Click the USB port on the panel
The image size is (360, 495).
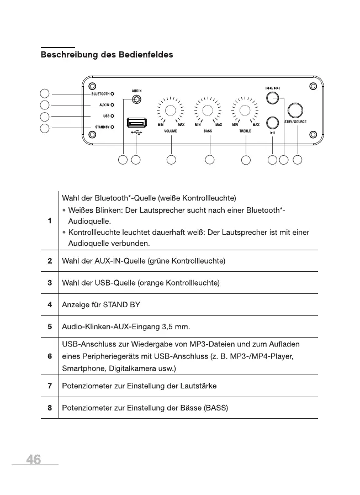(136, 122)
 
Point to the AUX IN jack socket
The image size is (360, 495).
(136, 100)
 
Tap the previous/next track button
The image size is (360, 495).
(272, 98)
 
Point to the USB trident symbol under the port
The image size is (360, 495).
(136, 133)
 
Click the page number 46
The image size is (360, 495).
(33, 460)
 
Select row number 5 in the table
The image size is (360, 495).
(50, 327)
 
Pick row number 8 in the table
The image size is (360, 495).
(50, 408)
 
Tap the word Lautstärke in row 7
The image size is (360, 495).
(198, 385)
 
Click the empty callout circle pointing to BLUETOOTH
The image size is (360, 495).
(46, 93)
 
